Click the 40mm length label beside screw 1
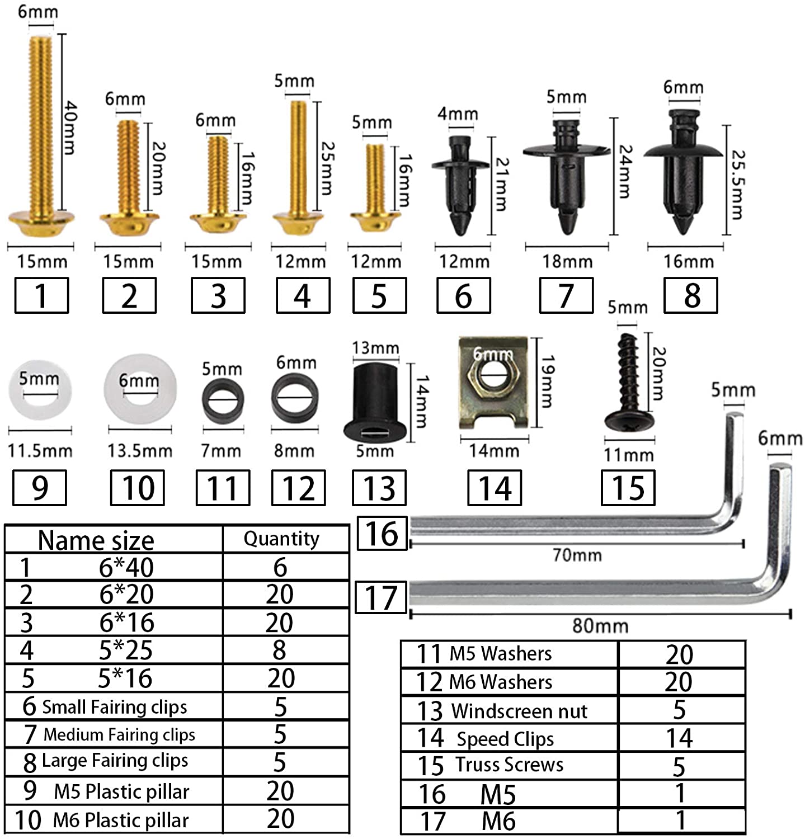[70, 128]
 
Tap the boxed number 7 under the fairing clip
[566, 295]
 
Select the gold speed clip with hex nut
[493, 384]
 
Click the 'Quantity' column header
[281, 539]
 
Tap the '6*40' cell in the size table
[126, 567]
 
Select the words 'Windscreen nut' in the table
[519, 711]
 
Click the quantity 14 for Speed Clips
[679, 738]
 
